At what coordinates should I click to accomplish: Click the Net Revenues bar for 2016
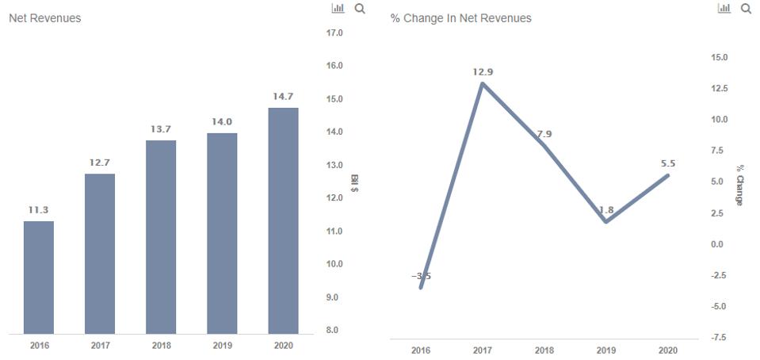pos(39,277)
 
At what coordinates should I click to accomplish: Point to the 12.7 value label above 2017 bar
pos(100,163)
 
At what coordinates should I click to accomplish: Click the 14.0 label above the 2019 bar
pos(222,121)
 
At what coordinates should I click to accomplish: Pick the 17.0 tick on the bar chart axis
pos(334,33)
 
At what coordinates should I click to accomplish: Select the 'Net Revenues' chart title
pos(44,17)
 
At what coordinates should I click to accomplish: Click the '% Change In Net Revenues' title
pos(460,17)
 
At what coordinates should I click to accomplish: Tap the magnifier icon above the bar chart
pos(360,8)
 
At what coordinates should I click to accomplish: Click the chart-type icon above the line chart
pos(724,8)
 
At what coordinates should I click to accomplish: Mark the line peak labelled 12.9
pos(483,82)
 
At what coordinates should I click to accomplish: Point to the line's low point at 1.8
pos(605,221)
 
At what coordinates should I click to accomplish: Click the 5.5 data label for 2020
pos(667,163)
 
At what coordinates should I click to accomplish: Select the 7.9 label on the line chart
pos(544,134)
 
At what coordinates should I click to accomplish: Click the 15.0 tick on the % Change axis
pos(719,57)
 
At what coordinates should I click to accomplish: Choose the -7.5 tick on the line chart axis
pos(718,338)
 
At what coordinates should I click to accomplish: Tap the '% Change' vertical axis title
pos(740,185)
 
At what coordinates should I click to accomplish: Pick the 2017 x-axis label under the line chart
pos(483,350)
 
